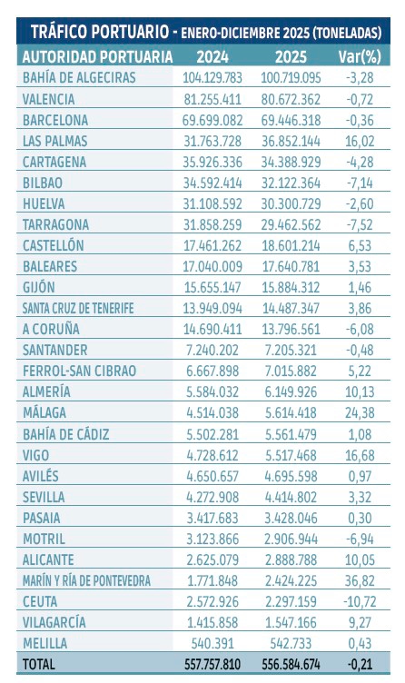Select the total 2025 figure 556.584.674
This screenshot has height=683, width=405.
coord(293,665)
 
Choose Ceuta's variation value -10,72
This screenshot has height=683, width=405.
coord(361,601)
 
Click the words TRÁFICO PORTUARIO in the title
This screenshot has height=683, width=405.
coord(96,32)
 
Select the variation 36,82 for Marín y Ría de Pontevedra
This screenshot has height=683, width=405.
coord(362,580)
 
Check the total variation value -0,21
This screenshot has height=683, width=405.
coord(362,665)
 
